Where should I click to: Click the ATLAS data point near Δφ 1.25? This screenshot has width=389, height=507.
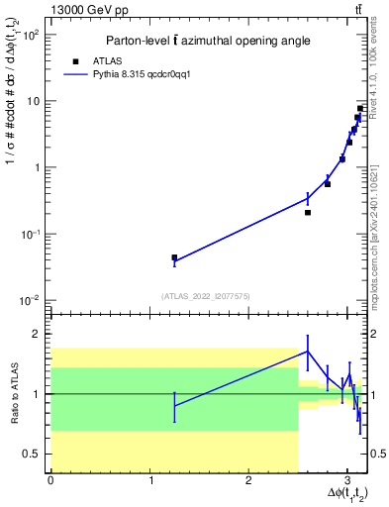coord(174,257)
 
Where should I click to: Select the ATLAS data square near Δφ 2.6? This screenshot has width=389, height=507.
coord(308,212)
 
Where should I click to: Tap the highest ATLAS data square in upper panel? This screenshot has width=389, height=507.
coord(361,108)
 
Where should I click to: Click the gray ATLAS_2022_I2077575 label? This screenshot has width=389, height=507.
coord(207,295)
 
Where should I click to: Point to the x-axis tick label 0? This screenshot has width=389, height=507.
coord(50,480)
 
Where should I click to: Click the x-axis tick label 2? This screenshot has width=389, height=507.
coord(249,480)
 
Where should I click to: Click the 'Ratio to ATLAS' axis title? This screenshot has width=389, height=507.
coord(13,393)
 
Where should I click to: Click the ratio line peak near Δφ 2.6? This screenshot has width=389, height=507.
coord(308,351)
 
